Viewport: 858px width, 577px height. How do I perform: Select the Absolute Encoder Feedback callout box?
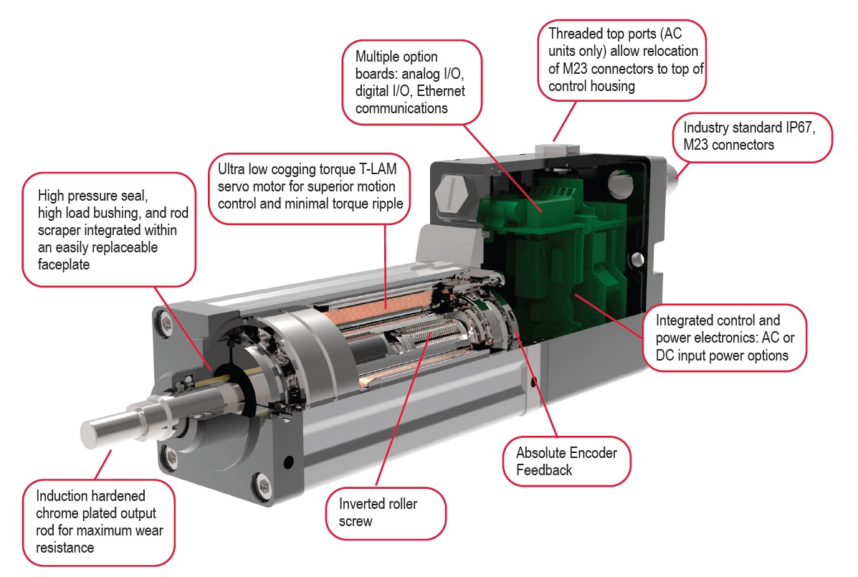click(566, 462)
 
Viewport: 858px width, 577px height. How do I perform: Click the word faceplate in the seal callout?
click(65, 264)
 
